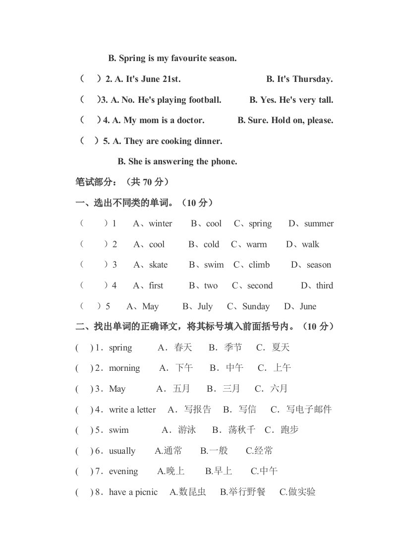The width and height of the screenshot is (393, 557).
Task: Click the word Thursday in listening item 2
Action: pyautogui.click(x=313, y=79)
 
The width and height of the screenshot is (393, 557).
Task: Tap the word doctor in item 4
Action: pyautogui.click(x=190, y=121)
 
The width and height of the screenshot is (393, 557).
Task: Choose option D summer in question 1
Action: pyautogui.click(x=319, y=224)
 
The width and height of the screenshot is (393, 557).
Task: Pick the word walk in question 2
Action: pyautogui.click(x=310, y=245)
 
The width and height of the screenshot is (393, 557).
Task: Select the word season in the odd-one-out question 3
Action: pyautogui.click(x=319, y=265)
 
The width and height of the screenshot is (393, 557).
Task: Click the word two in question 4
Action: pyautogui.click(x=211, y=286)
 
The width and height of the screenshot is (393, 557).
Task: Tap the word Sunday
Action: pyautogui.click(x=256, y=307)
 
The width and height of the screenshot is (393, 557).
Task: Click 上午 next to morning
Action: pyautogui.click(x=281, y=368)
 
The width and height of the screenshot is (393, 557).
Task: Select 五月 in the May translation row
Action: pyautogui.click(x=181, y=389)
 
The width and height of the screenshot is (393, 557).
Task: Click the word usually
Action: pyautogui.click(x=122, y=451)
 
